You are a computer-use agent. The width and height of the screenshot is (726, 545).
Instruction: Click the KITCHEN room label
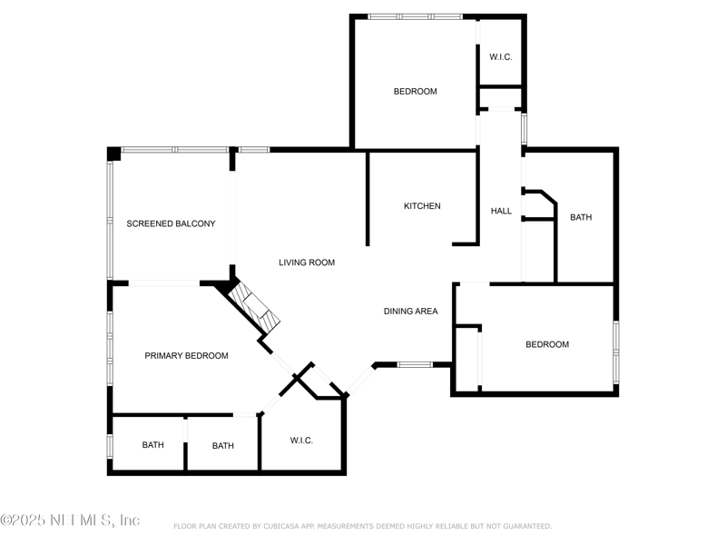click(x=422, y=206)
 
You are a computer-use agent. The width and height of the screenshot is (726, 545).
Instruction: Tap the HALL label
click(x=501, y=211)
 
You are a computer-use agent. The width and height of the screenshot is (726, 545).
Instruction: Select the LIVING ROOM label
click(x=307, y=263)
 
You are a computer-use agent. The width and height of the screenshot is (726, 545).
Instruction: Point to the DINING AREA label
click(x=411, y=311)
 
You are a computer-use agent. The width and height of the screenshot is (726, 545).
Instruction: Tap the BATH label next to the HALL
click(x=581, y=217)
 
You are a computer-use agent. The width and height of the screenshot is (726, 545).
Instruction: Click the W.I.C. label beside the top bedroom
click(x=501, y=57)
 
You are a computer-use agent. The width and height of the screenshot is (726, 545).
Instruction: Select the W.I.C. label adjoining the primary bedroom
click(x=301, y=441)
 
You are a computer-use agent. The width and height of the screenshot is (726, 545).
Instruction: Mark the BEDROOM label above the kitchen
click(x=416, y=92)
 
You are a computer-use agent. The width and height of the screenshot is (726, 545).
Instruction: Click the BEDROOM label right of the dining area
click(x=547, y=344)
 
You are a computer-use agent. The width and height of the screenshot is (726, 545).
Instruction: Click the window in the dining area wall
click(x=415, y=365)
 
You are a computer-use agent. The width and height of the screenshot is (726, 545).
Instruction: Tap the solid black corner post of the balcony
click(x=114, y=154)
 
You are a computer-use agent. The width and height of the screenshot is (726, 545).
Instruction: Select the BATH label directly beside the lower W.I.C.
click(x=222, y=445)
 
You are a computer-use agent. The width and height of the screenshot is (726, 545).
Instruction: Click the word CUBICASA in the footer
click(x=281, y=526)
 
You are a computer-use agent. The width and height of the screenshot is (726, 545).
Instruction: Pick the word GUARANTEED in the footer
click(x=527, y=526)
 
